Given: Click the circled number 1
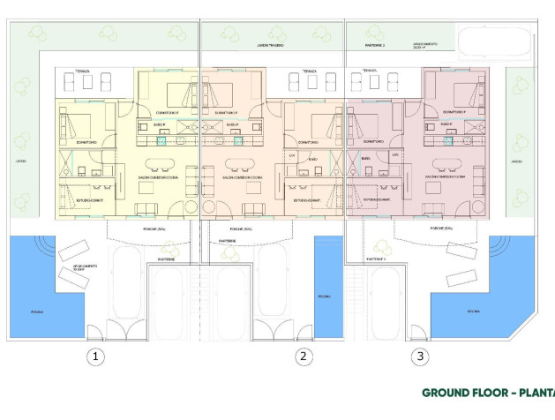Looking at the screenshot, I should pos(96,356).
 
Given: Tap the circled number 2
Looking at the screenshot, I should pos(304,356).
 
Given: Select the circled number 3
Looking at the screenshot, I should pos(421,356).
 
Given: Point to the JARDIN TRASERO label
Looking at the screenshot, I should pos(270,44).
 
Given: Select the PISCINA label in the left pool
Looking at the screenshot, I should pos(36,311).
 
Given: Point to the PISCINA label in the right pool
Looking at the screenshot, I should pos(474,311).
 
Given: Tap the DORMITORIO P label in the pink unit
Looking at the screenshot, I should pos(454,113).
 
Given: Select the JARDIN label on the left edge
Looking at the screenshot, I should pos(20,161).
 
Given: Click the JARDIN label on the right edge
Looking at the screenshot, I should pos(516,161).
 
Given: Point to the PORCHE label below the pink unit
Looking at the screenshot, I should pos(442,229).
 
